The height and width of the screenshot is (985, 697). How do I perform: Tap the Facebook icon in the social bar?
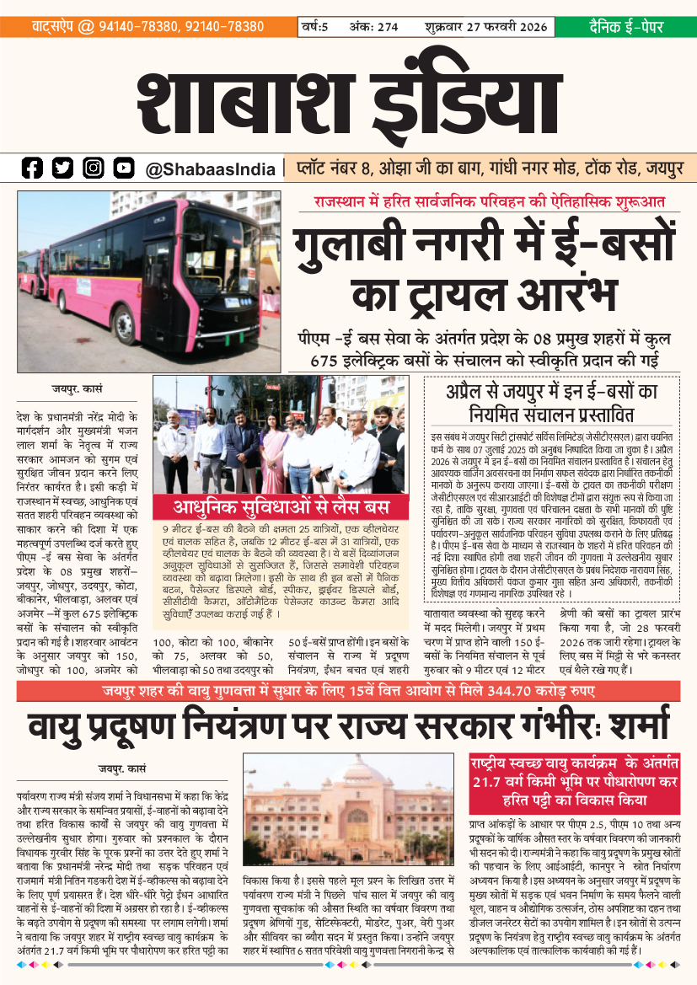click(x=32, y=169)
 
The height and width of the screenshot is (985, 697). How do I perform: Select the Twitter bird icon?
click(x=63, y=169)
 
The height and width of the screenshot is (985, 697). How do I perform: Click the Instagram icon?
click(x=94, y=169)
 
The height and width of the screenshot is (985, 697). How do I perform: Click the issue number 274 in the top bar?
click(x=387, y=27)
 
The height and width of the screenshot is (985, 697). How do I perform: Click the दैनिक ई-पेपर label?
click(x=625, y=27)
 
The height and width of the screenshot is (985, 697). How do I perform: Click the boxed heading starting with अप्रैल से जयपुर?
click(x=552, y=402)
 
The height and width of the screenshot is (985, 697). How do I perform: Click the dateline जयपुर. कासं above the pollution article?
click(x=122, y=768)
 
